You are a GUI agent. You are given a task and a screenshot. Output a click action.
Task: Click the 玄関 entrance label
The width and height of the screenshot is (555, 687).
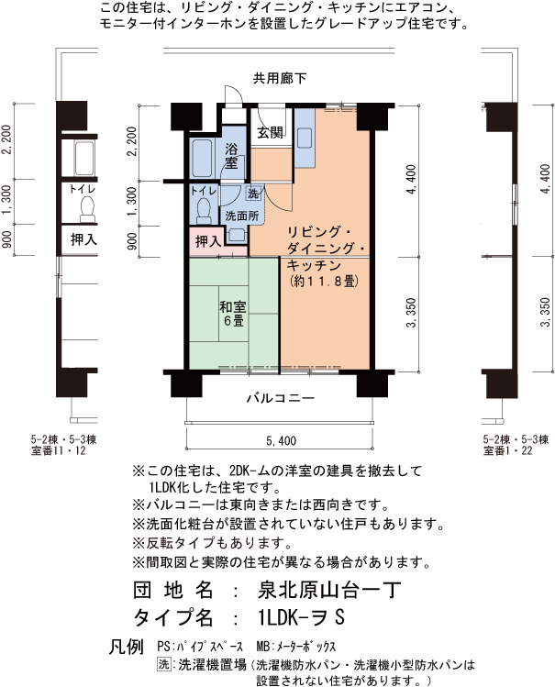(270, 132)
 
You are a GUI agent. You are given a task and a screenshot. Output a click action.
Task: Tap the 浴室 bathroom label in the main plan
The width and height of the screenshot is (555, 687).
(231, 157)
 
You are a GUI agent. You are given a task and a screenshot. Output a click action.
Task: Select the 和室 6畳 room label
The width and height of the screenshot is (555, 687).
(233, 313)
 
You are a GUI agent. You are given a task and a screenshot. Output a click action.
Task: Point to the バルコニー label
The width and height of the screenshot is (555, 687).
(281, 398)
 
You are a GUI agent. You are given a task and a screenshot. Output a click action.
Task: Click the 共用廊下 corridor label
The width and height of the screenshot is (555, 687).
(280, 79)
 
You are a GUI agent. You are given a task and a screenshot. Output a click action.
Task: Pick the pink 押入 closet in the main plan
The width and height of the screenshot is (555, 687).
(207, 241)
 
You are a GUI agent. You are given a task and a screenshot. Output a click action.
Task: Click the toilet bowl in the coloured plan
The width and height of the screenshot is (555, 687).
(204, 211)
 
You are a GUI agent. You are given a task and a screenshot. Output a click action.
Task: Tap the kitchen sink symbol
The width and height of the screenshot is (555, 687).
(305, 138)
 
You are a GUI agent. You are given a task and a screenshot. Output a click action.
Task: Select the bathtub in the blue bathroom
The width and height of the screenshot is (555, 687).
(202, 158)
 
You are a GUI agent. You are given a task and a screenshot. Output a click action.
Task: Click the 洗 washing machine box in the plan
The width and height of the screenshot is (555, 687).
(253, 193)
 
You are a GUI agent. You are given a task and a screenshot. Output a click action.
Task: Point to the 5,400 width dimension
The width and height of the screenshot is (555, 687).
(281, 441)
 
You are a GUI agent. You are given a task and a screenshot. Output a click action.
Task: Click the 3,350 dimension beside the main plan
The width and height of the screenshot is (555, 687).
(412, 313)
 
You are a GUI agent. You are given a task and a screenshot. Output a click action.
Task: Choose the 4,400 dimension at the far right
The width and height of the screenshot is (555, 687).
(545, 179)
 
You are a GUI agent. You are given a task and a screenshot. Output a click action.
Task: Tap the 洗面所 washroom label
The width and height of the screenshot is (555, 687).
(242, 216)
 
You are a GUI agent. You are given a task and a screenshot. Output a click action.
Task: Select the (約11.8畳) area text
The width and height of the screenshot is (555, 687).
(325, 282)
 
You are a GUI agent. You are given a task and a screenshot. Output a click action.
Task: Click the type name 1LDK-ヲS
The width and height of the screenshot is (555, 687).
(302, 618)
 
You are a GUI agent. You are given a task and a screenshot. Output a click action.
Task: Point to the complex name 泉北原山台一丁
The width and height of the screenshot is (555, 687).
(329, 590)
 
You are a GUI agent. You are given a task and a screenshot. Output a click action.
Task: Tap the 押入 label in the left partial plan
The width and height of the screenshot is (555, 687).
(83, 239)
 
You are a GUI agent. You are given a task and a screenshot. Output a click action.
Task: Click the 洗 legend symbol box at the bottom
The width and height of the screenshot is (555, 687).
(164, 664)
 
